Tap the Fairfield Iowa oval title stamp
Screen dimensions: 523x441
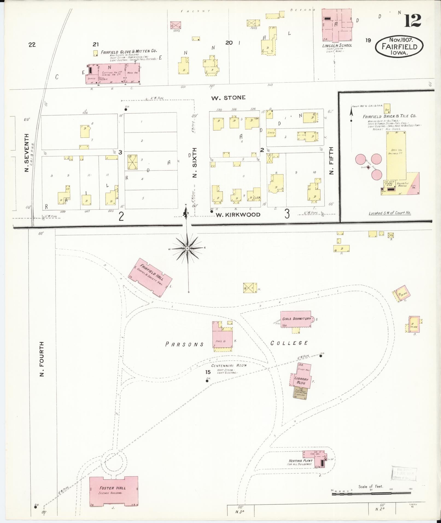399,46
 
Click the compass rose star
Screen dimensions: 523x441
187,248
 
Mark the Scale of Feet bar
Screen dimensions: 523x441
371,493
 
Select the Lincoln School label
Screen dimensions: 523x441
337,45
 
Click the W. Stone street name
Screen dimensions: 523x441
228,97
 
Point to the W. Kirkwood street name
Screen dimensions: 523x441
238,215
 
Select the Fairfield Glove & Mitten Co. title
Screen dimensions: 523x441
129,51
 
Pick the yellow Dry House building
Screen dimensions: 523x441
395,156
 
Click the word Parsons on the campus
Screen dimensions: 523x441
185,344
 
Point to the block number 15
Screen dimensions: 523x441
208,372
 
